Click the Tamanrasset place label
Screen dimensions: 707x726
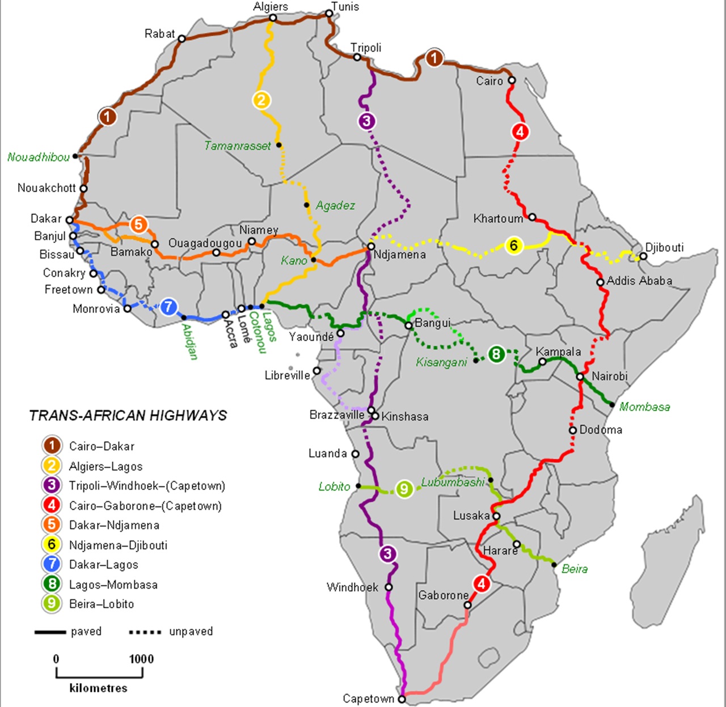point(237,146)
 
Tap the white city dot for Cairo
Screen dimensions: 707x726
point(512,80)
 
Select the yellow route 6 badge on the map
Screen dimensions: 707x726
point(513,245)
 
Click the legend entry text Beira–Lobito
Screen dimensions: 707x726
point(102,604)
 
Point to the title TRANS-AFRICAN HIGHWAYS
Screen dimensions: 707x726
point(128,416)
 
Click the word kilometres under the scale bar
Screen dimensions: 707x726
point(98,688)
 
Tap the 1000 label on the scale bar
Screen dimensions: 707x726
point(141,659)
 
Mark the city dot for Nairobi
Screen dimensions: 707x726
point(580,376)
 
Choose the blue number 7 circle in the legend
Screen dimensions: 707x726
point(52,564)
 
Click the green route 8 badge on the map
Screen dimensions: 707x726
point(496,355)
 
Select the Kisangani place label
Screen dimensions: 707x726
point(441,362)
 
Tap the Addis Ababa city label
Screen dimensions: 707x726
point(639,281)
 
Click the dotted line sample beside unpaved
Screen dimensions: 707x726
point(145,632)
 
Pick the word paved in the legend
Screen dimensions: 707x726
point(86,632)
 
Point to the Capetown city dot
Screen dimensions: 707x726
point(402,699)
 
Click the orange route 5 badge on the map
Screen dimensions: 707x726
point(138,225)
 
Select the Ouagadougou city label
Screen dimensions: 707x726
point(205,243)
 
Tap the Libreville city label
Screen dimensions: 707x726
point(288,375)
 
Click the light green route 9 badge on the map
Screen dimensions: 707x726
point(404,489)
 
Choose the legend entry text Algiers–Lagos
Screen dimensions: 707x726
point(105,467)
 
